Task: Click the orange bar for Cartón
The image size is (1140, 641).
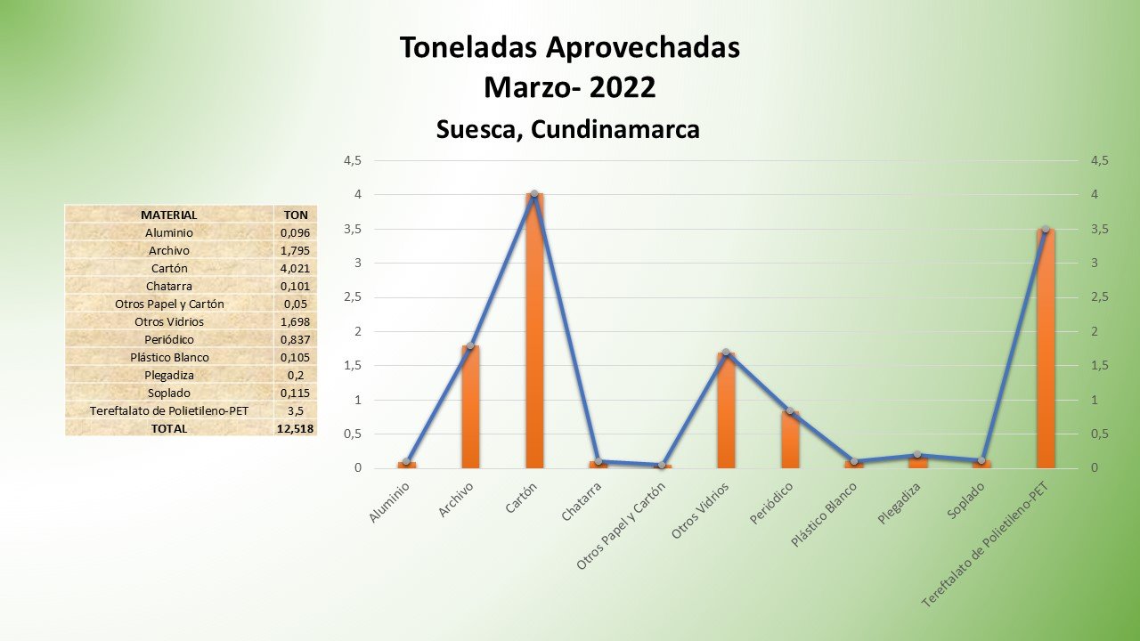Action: click(534, 331)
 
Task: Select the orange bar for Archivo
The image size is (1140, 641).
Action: click(470, 407)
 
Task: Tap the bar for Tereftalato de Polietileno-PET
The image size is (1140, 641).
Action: click(1046, 349)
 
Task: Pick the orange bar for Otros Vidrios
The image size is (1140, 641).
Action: click(726, 410)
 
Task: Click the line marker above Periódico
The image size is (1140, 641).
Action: click(790, 411)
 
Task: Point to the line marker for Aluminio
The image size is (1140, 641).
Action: click(406, 461)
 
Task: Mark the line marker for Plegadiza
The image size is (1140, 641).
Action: click(917, 455)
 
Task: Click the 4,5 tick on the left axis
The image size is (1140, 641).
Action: click(354, 161)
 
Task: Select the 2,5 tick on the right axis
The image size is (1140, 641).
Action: click(1099, 297)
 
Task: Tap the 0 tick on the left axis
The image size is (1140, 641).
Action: click(358, 468)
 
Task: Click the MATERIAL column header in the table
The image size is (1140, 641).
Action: click(169, 215)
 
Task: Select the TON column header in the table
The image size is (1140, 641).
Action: click(295, 215)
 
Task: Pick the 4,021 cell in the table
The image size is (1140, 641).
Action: click(295, 268)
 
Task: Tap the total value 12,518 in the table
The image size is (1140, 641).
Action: click(295, 428)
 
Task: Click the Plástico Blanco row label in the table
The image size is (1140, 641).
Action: click(169, 357)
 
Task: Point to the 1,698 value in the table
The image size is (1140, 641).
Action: click(295, 321)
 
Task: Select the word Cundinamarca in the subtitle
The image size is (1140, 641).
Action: click(615, 130)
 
